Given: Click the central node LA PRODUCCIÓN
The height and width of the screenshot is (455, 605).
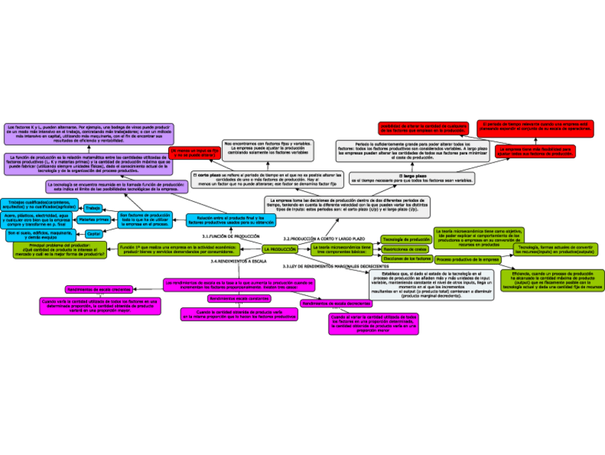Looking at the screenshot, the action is click(x=280, y=249).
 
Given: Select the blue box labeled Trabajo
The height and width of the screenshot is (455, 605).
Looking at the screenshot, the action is click(x=93, y=208).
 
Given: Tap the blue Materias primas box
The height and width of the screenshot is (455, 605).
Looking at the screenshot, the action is click(x=93, y=220).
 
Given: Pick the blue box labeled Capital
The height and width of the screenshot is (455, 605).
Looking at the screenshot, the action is click(x=93, y=233).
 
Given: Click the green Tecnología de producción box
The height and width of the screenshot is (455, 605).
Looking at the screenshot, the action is click(x=405, y=239).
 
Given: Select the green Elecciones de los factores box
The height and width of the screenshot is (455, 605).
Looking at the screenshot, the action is click(x=407, y=258).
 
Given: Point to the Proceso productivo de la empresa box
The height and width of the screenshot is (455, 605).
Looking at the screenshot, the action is click(x=467, y=260).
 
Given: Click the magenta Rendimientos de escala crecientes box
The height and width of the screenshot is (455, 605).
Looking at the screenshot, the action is click(x=98, y=289).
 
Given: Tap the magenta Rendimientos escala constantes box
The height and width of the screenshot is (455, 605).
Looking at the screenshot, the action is click(x=238, y=298).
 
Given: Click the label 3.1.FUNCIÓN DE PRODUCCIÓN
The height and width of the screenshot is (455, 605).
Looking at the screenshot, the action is click(x=230, y=235).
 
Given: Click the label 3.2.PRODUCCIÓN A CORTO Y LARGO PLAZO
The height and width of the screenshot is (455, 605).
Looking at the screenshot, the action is click(x=324, y=238).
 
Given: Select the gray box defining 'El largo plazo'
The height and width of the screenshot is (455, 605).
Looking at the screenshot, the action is click(x=413, y=178).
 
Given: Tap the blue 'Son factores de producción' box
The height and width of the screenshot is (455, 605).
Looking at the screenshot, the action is click(x=145, y=220).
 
